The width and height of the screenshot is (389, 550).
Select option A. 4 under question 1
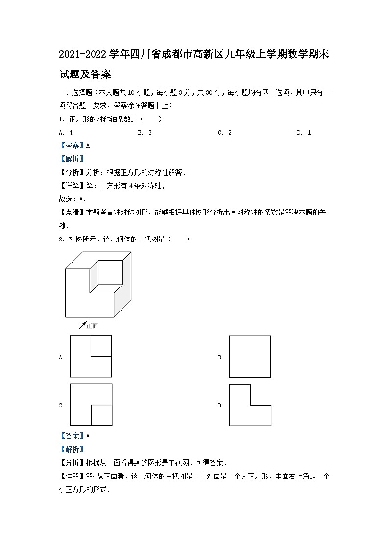point(66,133)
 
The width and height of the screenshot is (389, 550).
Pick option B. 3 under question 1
point(145,133)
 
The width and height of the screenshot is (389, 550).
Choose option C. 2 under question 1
point(224,133)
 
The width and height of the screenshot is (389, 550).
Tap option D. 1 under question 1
point(304,133)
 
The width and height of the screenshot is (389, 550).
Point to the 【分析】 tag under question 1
point(72,172)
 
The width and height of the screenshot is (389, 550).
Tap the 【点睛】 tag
point(72,212)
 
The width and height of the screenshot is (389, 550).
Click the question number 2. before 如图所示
point(62,239)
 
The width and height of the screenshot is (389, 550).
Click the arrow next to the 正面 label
point(82,325)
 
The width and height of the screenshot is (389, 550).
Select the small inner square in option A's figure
point(101,346)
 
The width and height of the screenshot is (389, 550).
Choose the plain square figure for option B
point(250,357)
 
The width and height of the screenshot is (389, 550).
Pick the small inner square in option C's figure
point(101,415)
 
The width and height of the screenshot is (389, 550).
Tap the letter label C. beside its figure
point(62,406)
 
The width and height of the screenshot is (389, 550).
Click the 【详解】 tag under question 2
point(72,476)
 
